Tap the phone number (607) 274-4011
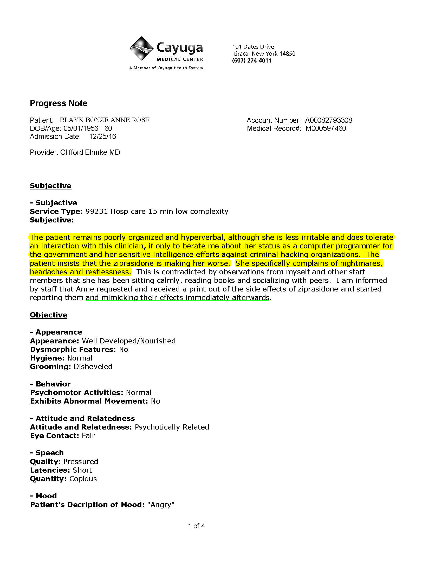click(252, 61)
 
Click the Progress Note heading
click(58, 103)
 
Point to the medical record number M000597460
click(326, 128)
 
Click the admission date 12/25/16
click(102, 137)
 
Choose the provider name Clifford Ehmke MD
click(90, 152)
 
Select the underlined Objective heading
click(48, 315)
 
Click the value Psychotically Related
click(172, 427)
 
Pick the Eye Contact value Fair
click(88, 436)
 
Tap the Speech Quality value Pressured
click(81, 462)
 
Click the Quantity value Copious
click(83, 479)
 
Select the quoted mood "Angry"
click(161, 505)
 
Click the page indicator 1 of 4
click(196, 526)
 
